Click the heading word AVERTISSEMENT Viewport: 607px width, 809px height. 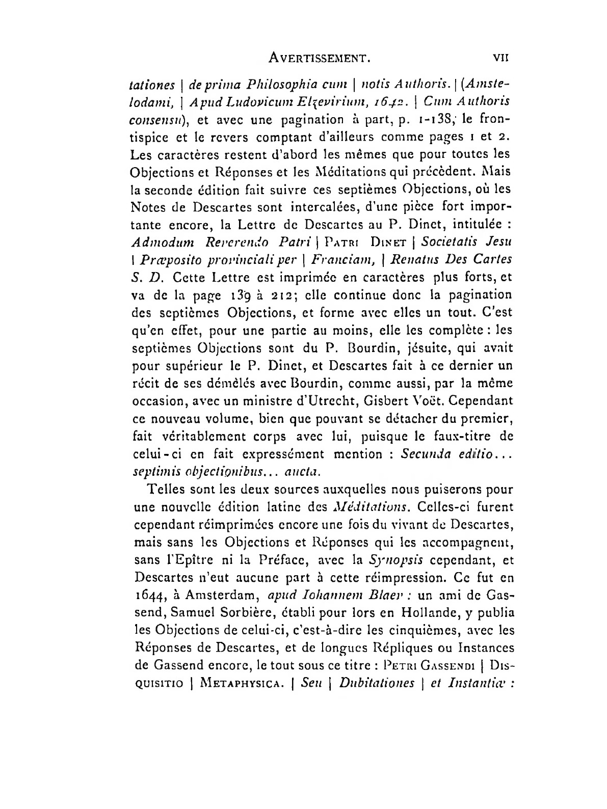tap(320, 59)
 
